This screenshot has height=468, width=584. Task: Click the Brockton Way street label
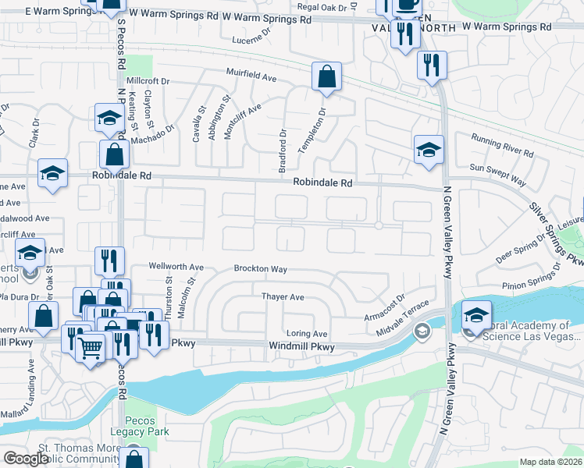pos(261,269)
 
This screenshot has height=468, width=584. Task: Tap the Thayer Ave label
pos(283,297)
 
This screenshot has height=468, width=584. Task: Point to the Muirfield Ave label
pos(252,78)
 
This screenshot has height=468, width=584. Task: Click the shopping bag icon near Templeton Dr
pos(326,77)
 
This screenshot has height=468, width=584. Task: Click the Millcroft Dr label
pos(148,81)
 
